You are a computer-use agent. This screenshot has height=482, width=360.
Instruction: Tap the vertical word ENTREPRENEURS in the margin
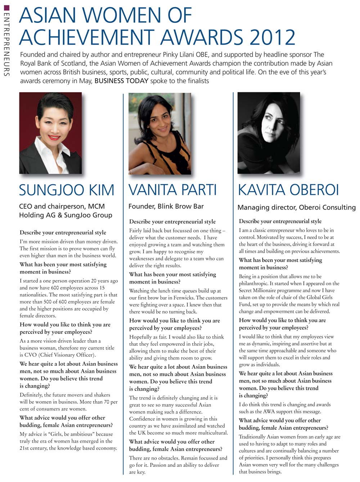(x=6, y=43)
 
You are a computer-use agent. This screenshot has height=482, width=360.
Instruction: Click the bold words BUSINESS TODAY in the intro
(x=121, y=81)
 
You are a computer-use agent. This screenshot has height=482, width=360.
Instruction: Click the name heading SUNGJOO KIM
(x=67, y=190)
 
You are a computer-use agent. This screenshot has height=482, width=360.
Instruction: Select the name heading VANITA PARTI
(x=173, y=190)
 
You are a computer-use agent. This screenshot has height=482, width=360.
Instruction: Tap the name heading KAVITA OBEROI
(x=288, y=190)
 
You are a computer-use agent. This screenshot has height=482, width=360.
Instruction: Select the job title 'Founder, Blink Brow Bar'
(x=166, y=206)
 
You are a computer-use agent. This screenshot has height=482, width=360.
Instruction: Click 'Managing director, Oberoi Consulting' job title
(x=296, y=207)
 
